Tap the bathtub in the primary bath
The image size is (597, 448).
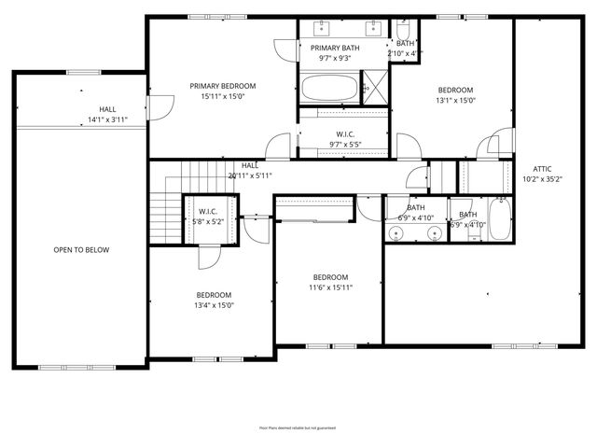click(328, 90)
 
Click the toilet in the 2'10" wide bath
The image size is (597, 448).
click(402, 29)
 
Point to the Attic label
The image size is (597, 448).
click(542, 169)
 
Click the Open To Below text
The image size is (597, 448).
click(81, 250)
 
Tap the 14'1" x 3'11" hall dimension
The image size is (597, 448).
click(107, 120)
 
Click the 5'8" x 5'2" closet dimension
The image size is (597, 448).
click(207, 222)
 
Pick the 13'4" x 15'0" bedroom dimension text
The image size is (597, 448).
click(214, 305)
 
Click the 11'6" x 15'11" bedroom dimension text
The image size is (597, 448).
click(330, 287)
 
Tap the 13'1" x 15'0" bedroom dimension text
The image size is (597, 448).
click(456, 101)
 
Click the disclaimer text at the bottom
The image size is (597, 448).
click(298, 428)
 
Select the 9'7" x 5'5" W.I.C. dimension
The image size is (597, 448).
click(345, 145)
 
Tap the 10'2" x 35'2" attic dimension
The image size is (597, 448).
click(542, 179)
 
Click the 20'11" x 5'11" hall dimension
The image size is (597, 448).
click(250, 175)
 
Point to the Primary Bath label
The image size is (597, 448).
click(335, 48)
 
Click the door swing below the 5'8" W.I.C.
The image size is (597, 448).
click(210, 257)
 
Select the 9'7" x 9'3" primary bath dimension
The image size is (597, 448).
click(335, 58)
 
